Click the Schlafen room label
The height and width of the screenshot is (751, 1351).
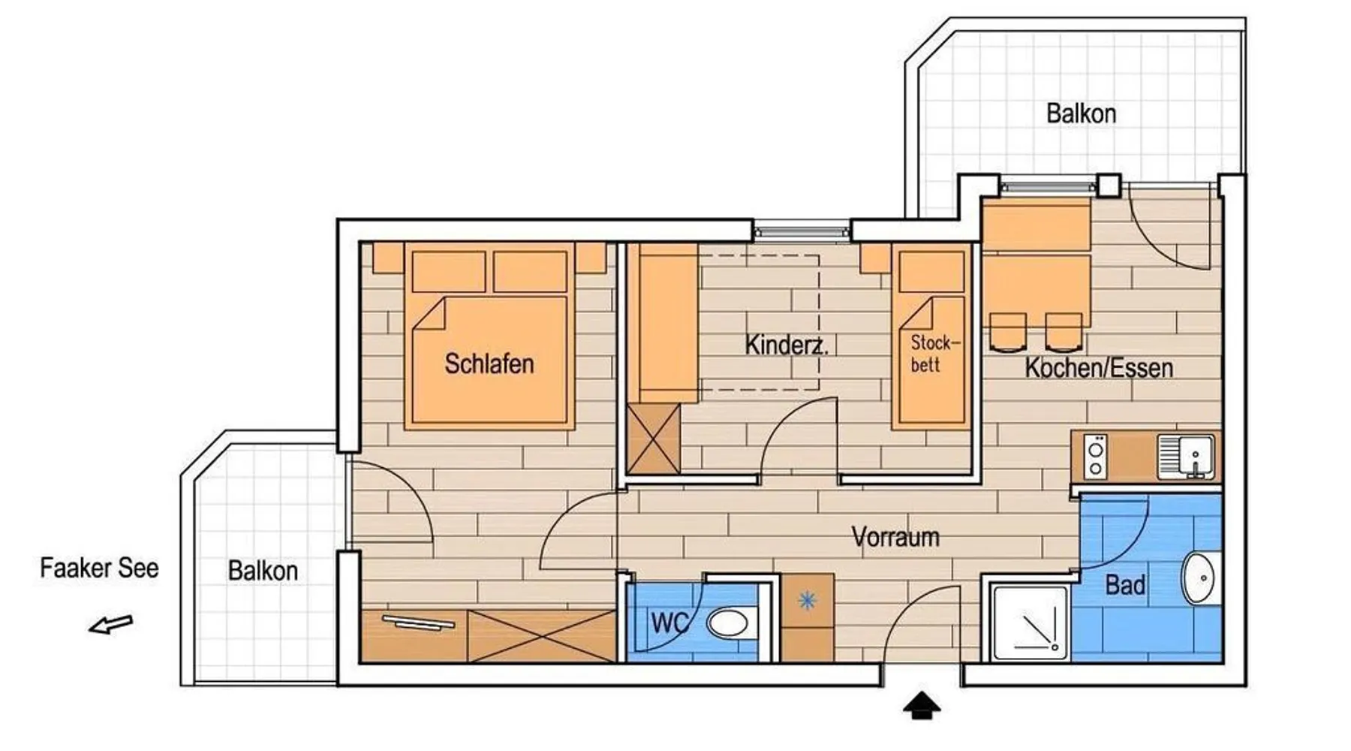[489, 364]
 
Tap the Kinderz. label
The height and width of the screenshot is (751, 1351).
[787, 345]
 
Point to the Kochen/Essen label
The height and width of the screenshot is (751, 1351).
[1099, 368]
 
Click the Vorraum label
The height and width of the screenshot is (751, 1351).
[895, 537]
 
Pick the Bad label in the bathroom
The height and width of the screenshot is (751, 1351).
[1125, 585]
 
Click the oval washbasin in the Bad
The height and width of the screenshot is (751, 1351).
[1202, 578]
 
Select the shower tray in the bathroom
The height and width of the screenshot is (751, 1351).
[1030, 623]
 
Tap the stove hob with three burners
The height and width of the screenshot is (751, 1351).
[1096, 457]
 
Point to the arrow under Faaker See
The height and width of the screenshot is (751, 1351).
[111, 624]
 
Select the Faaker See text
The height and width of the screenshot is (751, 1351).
[99, 569]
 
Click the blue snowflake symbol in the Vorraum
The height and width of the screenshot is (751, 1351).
[807, 600]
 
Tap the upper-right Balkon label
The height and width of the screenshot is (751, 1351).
[1081, 114]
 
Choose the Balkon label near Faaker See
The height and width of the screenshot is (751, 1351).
[263, 571]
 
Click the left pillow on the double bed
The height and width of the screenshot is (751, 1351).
[449, 271]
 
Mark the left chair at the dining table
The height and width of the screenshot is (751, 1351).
[1007, 332]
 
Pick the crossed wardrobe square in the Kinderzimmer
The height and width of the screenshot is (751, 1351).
[654, 439]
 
